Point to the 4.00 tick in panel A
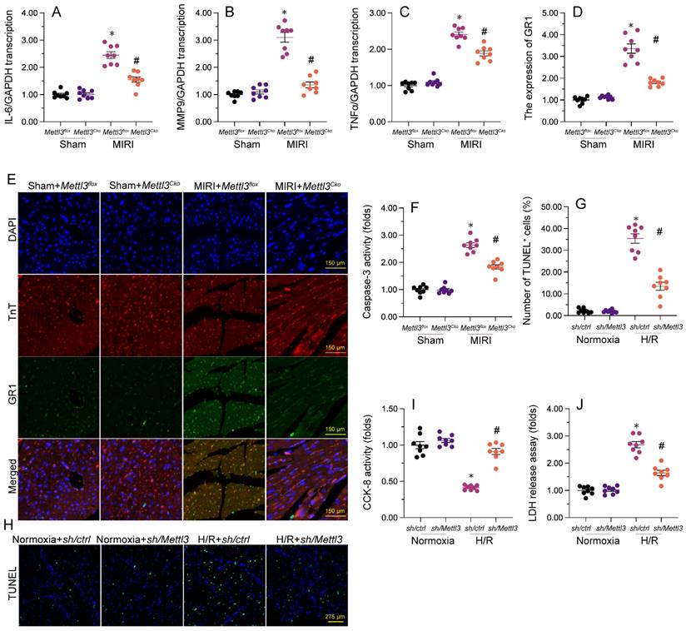(x=31, y=14)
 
